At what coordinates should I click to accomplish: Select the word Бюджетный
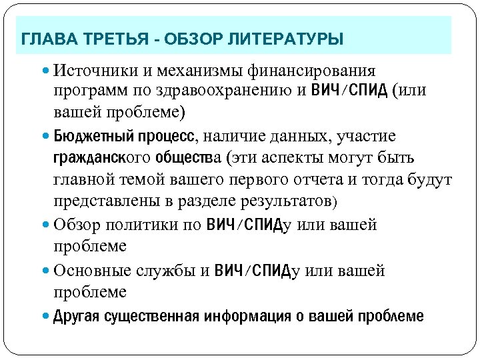coord(91,137)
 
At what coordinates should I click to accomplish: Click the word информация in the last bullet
coord(247,316)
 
